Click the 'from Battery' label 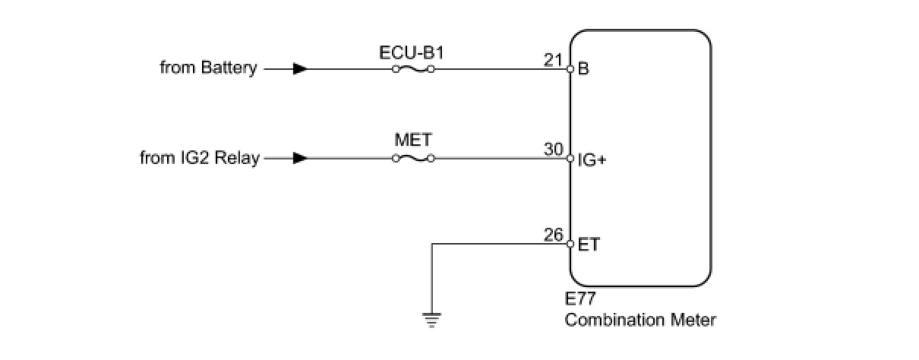[x=208, y=68]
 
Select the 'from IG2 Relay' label [x=200, y=159]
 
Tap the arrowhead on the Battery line [x=300, y=68]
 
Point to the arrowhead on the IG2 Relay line [x=300, y=159]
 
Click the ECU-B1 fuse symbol [x=412, y=68]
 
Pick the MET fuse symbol [x=412, y=159]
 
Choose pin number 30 [x=553, y=150]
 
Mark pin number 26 [x=553, y=235]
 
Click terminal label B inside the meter [x=583, y=69]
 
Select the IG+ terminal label [x=592, y=159]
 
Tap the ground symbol [x=431, y=320]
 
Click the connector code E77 [x=580, y=300]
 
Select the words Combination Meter [x=640, y=320]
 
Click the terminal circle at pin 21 [x=570, y=68]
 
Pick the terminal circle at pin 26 [x=570, y=244]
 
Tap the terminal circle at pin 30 [x=570, y=159]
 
